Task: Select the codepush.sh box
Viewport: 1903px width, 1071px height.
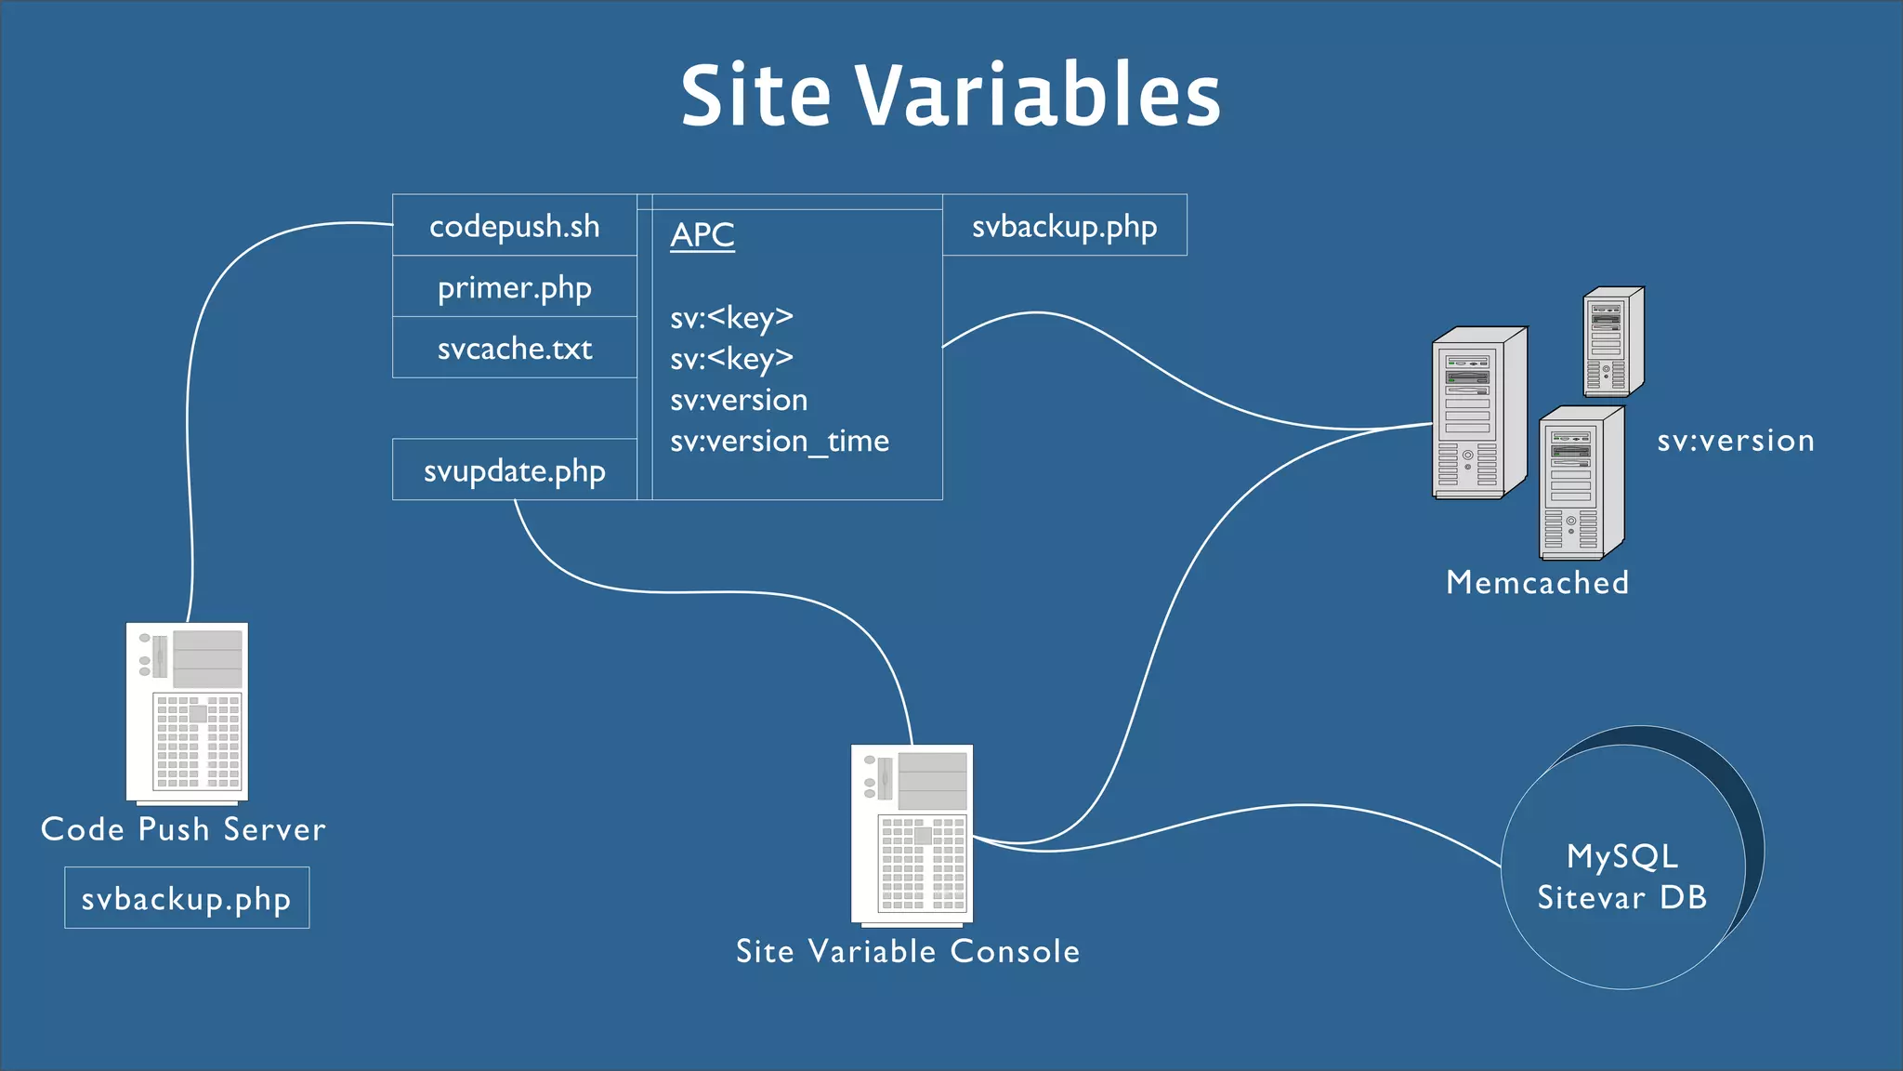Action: point(514,226)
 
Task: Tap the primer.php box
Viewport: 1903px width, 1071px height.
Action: point(514,287)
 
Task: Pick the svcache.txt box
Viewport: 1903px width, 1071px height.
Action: point(514,349)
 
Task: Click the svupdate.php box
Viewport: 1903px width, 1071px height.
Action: point(514,470)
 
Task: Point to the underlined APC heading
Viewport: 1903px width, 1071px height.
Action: point(702,235)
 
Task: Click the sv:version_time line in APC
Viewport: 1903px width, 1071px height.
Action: point(780,441)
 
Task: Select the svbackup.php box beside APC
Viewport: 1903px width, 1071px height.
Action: point(1064,226)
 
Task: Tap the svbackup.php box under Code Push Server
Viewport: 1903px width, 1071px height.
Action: point(186,898)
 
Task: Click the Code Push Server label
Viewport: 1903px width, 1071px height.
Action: point(183,829)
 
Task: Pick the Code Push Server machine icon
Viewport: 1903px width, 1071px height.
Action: point(187,712)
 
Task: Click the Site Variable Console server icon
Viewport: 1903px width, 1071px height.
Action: point(912,834)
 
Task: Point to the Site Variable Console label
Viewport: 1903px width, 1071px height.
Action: point(908,951)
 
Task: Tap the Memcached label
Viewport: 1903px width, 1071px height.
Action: point(1538,583)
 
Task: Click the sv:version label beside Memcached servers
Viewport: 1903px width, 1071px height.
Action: point(1736,441)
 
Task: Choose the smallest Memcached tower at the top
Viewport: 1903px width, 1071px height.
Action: point(1613,341)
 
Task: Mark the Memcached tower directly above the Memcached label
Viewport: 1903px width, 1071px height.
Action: point(1581,483)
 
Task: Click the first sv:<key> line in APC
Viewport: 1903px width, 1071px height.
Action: point(732,318)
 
